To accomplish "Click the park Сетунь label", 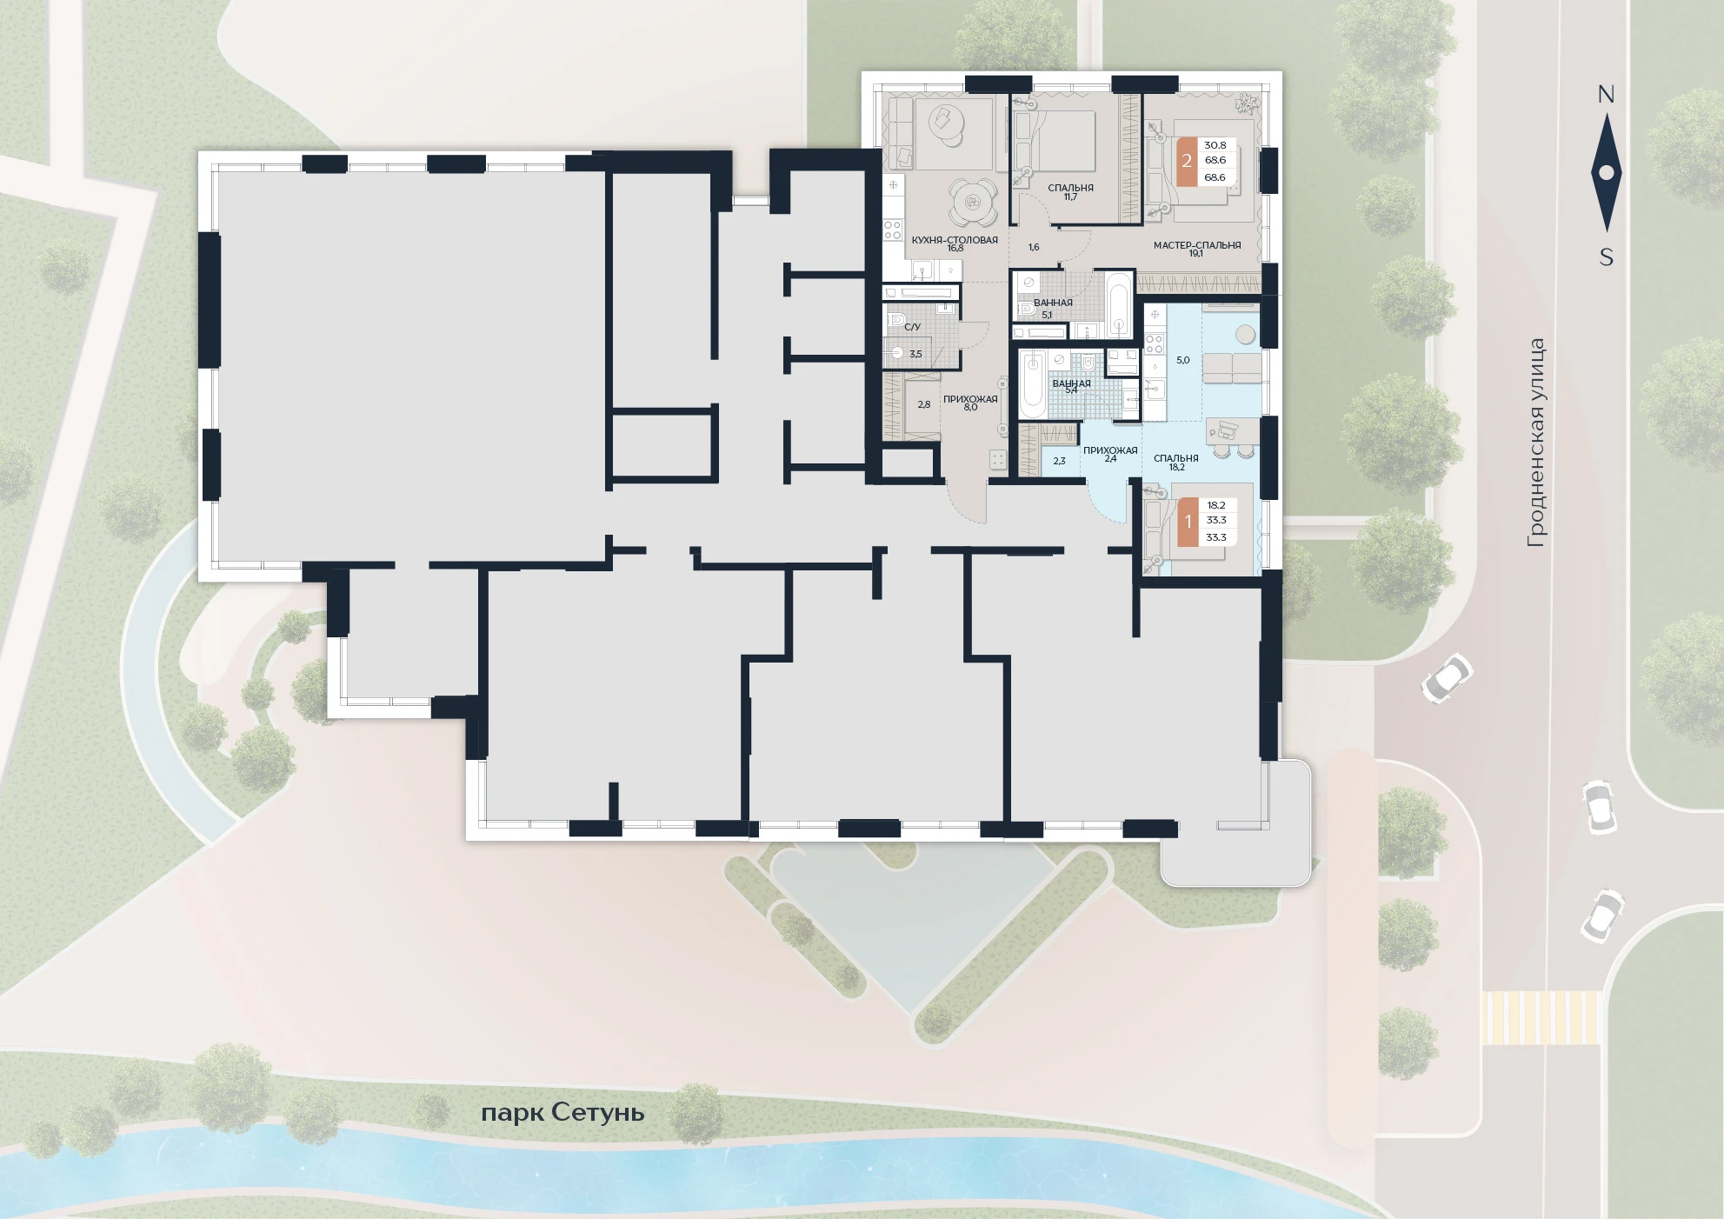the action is [562, 1113].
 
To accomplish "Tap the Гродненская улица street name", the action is [1536, 443].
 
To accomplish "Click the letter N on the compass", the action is [1606, 94].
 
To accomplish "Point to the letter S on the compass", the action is [1607, 257].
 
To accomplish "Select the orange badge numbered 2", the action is [1187, 161].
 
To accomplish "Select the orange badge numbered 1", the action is [1188, 522].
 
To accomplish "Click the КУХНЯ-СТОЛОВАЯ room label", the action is [955, 240].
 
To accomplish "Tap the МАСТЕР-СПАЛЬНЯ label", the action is [1197, 245].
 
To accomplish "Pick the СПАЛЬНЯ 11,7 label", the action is [1070, 192].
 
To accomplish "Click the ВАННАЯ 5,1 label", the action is [1053, 308].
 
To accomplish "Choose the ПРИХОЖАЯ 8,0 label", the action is [970, 403].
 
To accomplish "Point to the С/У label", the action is [912, 327].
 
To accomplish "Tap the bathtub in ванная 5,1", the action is [1119, 304].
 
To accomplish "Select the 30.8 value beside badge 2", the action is [1215, 145].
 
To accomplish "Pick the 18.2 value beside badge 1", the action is [1216, 505].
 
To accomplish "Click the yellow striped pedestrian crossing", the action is [1541, 1017].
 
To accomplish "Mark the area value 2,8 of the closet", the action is [924, 404].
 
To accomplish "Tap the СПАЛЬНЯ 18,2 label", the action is [1176, 463].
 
